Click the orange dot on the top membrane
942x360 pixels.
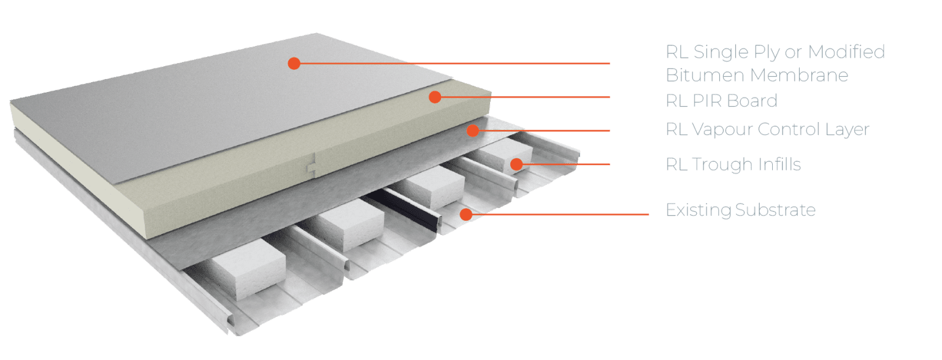pyautogui.click(x=294, y=63)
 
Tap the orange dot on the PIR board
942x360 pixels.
pyautogui.click(x=435, y=97)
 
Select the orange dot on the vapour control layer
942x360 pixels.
pyautogui.click(x=472, y=130)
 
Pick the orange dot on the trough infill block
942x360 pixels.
pyautogui.click(x=516, y=164)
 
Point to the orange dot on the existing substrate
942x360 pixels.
pyautogui.click(x=466, y=215)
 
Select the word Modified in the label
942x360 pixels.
pyautogui.click(x=846, y=52)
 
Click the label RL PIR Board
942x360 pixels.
pyautogui.click(x=721, y=101)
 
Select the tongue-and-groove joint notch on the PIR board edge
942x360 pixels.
pyautogui.click(x=312, y=164)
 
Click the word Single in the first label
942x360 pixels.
pyautogui.click(x=723, y=52)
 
